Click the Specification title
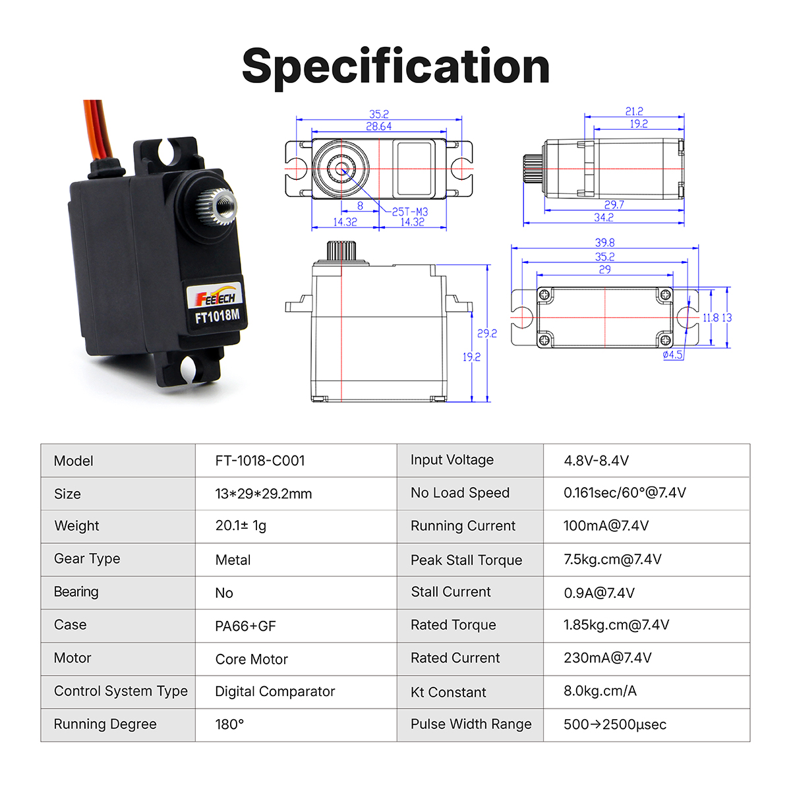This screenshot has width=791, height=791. click(x=395, y=67)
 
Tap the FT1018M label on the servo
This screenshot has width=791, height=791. click(x=217, y=316)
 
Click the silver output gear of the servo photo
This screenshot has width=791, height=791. click(x=216, y=206)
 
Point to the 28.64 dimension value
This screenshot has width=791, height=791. click(x=378, y=127)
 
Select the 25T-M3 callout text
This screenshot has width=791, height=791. click(x=409, y=212)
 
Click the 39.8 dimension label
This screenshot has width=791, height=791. click(x=604, y=243)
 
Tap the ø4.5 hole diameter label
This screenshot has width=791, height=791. click(x=672, y=355)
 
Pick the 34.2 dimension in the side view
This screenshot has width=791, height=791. click(x=603, y=218)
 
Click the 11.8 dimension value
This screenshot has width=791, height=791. click(x=710, y=318)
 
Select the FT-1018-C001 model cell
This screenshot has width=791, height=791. click(x=260, y=461)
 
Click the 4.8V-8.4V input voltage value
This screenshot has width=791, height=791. click(x=596, y=461)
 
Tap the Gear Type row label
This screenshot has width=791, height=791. click(x=87, y=559)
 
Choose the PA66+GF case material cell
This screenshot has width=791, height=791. click(x=245, y=626)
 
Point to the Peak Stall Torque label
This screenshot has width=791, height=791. click(x=466, y=560)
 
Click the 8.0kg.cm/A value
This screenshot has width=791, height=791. click(x=600, y=691)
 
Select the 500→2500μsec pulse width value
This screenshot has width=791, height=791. click(x=614, y=724)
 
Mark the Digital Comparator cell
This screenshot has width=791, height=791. click(x=275, y=691)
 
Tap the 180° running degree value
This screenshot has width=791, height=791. click(x=229, y=724)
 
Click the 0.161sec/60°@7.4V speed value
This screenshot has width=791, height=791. click(x=624, y=492)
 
